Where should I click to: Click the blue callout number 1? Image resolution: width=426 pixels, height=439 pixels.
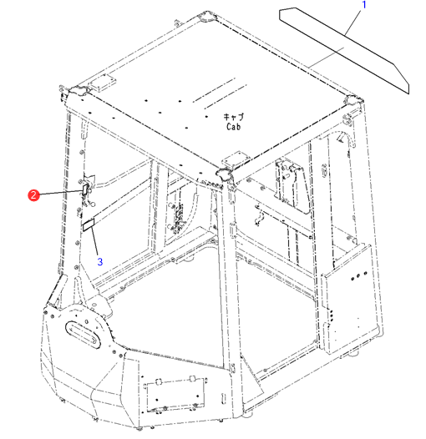[x=364, y=5]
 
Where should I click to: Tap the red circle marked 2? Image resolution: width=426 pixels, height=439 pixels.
[x=33, y=194]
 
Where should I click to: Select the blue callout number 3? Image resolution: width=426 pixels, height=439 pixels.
[x=100, y=262]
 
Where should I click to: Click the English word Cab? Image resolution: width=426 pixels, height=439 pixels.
[x=233, y=127]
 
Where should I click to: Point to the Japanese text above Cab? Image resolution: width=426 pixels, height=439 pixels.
[x=234, y=117]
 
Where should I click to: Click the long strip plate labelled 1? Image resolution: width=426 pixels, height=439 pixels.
[x=344, y=50]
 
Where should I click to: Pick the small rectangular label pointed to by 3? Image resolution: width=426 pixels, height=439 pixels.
[x=89, y=225]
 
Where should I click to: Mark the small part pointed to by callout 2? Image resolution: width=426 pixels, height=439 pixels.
[x=84, y=189]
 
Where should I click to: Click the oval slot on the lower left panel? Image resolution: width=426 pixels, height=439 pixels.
[x=83, y=335]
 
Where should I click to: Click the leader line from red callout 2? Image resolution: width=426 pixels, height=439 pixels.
[x=61, y=192]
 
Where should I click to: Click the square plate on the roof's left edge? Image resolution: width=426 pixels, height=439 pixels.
[x=102, y=82]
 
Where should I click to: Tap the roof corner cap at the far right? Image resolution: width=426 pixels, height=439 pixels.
[x=353, y=100]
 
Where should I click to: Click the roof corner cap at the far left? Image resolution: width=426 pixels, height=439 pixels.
[x=79, y=90]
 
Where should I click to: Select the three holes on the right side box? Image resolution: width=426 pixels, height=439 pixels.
[x=359, y=275]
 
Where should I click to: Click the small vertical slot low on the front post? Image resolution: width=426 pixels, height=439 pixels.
[x=223, y=398]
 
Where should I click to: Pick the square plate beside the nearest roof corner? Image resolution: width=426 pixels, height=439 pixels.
[x=236, y=159]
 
